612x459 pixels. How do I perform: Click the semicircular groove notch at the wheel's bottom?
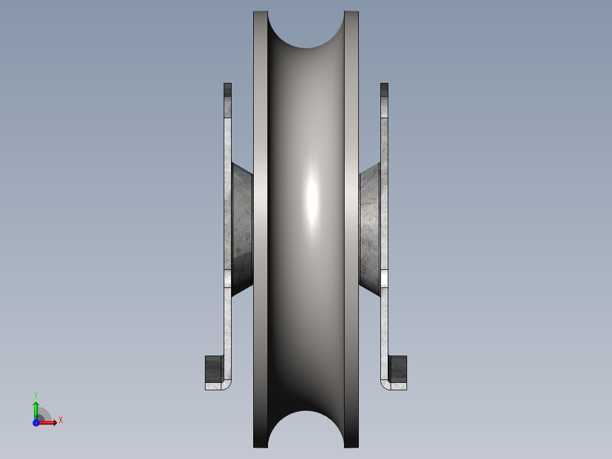click(306, 430)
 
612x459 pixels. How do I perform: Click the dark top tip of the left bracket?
click(228, 89)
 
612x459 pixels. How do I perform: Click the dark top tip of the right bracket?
click(384, 89)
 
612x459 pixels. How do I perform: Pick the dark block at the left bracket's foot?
click(214, 368)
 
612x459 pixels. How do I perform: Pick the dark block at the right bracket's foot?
click(398, 368)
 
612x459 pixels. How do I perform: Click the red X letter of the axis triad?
click(61, 420)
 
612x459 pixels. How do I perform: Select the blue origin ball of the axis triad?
click(36, 422)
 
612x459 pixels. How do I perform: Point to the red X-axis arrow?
click(49, 423)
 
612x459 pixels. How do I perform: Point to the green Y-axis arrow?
click(36, 409)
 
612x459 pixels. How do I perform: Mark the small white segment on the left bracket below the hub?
click(228, 278)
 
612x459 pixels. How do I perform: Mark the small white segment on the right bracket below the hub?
click(384, 278)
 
